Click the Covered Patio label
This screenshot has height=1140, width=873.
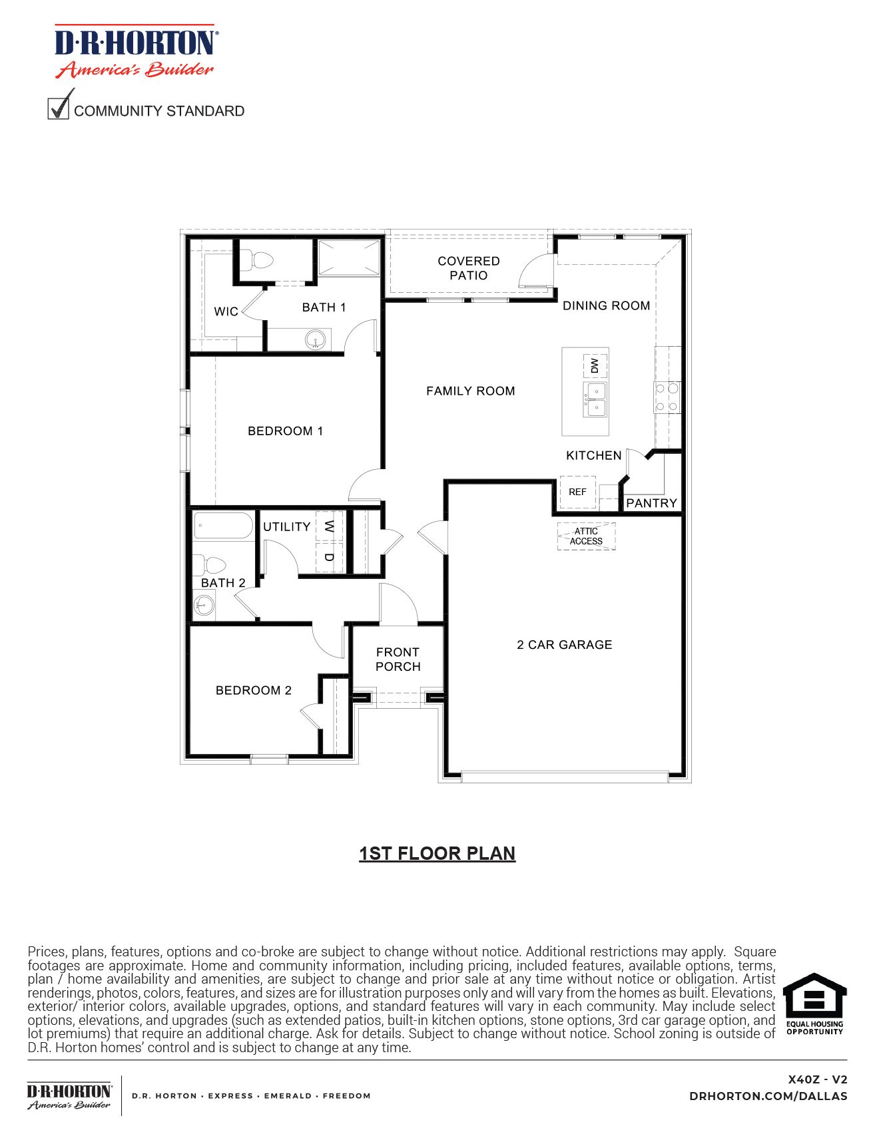(x=468, y=268)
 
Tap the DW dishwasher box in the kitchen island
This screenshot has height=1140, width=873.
(x=595, y=365)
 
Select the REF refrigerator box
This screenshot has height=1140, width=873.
(x=577, y=492)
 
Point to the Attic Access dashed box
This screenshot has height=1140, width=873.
(x=586, y=536)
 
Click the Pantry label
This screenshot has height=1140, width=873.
(x=651, y=503)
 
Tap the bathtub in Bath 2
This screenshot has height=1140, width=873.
(x=223, y=525)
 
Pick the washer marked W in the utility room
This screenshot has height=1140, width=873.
(x=329, y=526)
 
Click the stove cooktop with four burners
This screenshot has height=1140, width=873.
(x=667, y=397)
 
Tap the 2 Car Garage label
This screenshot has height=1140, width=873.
(x=564, y=645)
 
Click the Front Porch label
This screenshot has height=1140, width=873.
(x=398, y=660)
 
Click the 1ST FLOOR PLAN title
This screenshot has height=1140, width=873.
(x=437, y=853)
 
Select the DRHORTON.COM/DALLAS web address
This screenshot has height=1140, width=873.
(x=768, y=1096)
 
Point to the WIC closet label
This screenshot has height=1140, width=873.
(x=226, y=311)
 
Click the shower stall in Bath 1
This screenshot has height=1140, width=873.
(x=349, y=258)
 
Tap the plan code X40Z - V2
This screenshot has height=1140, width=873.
(x=817, y=1079)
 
